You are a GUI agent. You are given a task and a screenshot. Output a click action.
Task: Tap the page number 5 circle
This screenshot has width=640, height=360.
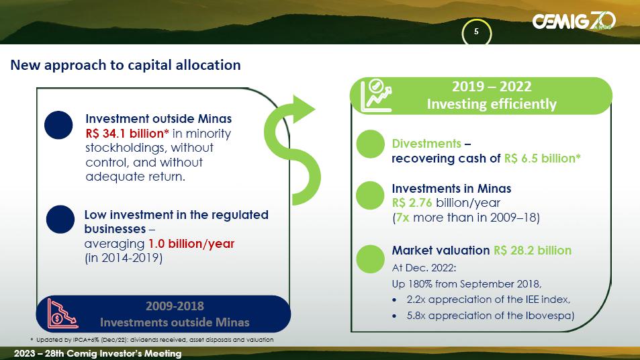(x=476, y=32)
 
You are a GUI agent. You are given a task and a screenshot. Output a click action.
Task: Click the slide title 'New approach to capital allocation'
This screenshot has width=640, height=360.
(x=126, y=65)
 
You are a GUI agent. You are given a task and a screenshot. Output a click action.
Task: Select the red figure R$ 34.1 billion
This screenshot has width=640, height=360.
(x=127, y=134)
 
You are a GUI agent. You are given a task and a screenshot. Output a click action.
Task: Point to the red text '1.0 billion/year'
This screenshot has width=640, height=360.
(x=191, y=244)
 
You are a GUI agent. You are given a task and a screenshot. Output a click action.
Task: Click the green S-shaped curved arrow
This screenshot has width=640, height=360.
(x=292, y=150)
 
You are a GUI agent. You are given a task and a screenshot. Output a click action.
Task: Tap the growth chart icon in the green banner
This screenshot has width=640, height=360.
(x=376, y=95)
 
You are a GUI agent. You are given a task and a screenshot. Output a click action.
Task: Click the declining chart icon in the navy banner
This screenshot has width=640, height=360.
(x=62, y=314)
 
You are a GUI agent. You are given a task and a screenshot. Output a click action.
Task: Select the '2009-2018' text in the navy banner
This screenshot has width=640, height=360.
(x=175, y=306)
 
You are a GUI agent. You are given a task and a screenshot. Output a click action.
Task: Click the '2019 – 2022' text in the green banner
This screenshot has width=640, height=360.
(x=492, y=87)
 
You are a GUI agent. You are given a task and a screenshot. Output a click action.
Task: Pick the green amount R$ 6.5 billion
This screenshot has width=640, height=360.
(x=542, y=159)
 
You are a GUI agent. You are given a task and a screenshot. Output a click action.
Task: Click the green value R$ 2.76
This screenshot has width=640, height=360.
(x=412, y=203)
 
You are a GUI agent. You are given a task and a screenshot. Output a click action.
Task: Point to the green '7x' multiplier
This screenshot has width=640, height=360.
(x=402, y=218)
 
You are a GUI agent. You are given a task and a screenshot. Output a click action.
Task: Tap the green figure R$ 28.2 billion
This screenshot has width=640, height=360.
(x=533, y=251)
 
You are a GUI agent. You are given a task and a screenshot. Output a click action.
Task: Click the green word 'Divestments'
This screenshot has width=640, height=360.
(x=426, y=144)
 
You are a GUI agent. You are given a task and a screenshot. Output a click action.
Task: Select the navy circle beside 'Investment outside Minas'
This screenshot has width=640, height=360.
(x=58, y=126)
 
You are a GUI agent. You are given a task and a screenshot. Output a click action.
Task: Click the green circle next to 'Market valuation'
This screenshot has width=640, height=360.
(x=370, y=259)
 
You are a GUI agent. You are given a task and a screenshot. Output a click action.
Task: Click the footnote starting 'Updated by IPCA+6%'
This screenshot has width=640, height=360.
(x=152, y=340)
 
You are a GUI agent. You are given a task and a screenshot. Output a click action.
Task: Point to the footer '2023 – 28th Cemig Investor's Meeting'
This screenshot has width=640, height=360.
(x=97, y=353)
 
